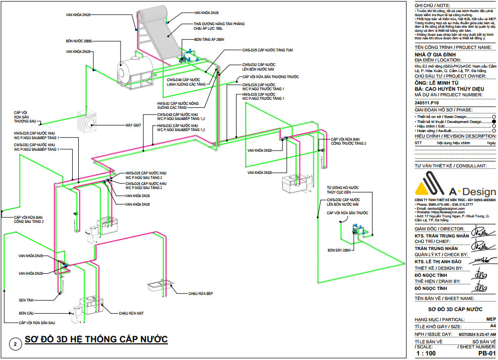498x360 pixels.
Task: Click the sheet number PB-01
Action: [485, 354]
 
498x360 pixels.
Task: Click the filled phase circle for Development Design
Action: [493, 122]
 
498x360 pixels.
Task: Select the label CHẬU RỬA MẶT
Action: [131, 313]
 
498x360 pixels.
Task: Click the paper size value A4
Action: [492, 326]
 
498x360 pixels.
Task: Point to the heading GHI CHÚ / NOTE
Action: [432, 5]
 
